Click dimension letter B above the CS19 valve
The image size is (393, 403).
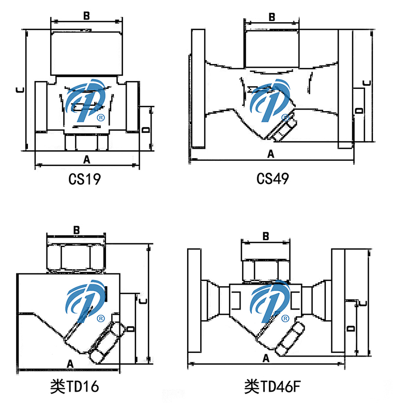click(86, 16)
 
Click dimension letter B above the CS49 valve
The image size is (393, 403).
click(271, 17)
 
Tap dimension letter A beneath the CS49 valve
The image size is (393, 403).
click(270, 153)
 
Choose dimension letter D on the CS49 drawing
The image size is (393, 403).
click(360, 111)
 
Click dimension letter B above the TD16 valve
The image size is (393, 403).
click(76, 229)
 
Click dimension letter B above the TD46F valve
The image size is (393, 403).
click(266, 236)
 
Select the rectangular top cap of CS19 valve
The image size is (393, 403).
click(86, 52)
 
